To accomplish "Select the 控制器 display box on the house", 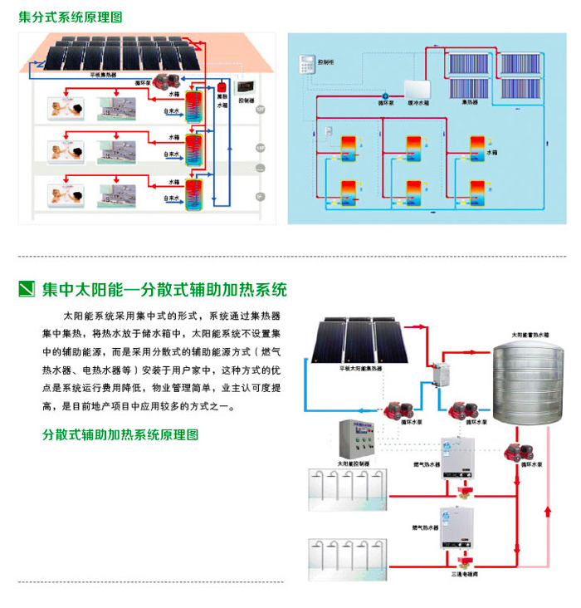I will pos(247,86).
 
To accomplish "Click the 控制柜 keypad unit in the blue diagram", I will pos(306,63).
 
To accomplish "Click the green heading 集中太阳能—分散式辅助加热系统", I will pos(164,290).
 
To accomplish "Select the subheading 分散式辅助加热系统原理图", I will pos(120,434).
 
